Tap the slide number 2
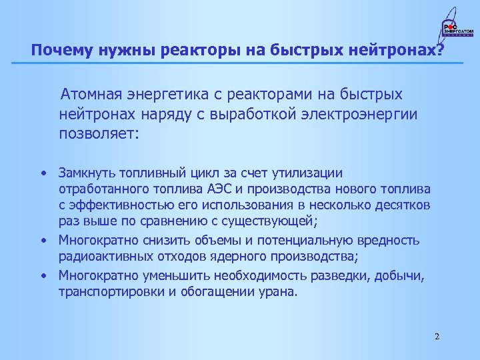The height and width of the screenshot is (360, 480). (x=437, y=336)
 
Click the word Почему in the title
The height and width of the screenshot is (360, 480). (x=55, y=51)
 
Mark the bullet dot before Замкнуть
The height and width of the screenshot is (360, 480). (x=42, y=173)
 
